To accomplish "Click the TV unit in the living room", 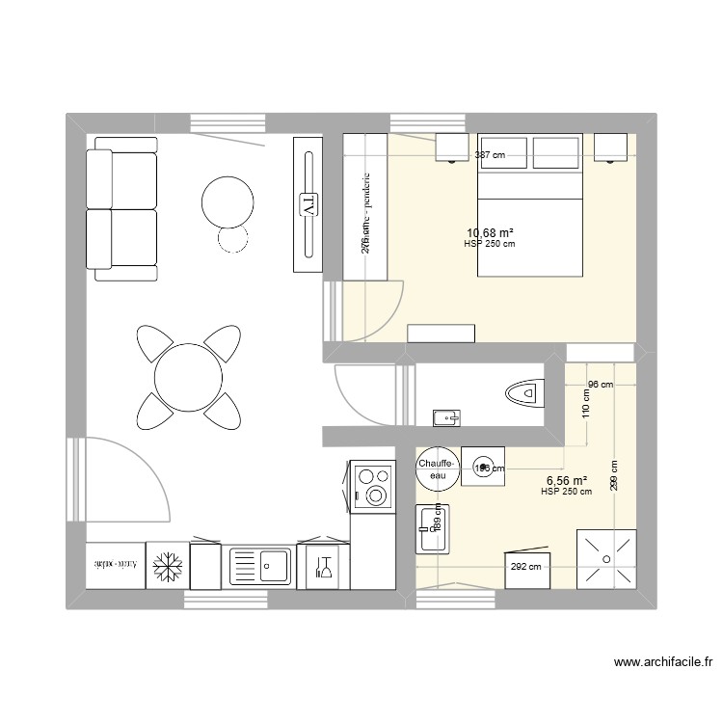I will click(x=309, y=203).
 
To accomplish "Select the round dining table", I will click(x=188, y=377).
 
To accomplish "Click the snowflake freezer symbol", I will click(x=167, y=566).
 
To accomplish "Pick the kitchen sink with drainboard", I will click(x=259, y=566).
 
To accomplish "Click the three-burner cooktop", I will click(x=373, y=485).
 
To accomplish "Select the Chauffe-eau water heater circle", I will click(x=438, y=469).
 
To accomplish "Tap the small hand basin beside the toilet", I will click(x=446, y=417).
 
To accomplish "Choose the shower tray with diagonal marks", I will click(x=606, y=558).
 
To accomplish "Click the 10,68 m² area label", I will click(x=490, y=232).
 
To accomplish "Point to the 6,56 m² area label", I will click(x=567, y=480).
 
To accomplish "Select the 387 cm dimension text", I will click(x=491, y=154).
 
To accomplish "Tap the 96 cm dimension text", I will click(x=600, y=386).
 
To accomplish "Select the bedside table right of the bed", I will click(x=610, y=147).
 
